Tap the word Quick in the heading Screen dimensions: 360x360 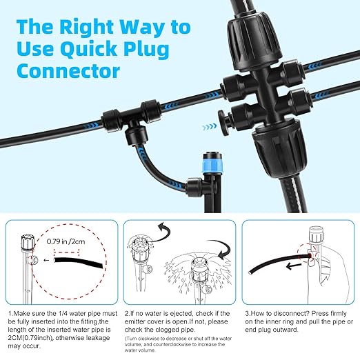pyautogui.click(x=88, y=48)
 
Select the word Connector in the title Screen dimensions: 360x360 pyautogui.click(x=68, y=70)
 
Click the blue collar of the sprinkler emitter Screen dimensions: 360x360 pyautogui.click(x=212, y=166)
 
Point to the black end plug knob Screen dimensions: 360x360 pyautogui.click(x=223, y=123)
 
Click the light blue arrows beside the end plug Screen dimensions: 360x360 pyautogui.click(x=209, y=127)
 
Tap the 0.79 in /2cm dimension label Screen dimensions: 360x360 pyautogui.click(x=66, y=241)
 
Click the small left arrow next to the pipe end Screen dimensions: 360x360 pyautogui.click(x=47, y=260)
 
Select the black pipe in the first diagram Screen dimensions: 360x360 pyautogui.click(x=78, y=262)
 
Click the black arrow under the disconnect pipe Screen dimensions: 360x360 pyautogui.click(x=294, y=266)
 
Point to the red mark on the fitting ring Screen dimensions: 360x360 pyautogui.click(x=310, y=256)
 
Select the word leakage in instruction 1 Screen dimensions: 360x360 pyautogui.click(x=97, y=338)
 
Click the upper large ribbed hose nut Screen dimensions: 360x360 pyautogui.click(x=254, y=38)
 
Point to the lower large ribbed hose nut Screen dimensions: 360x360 pyautogui.click(x=280, y=148)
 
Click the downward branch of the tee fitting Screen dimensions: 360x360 pyautogui.click(x=137, y=134)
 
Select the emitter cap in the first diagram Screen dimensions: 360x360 pyautogui.click(x=28, y=241)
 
